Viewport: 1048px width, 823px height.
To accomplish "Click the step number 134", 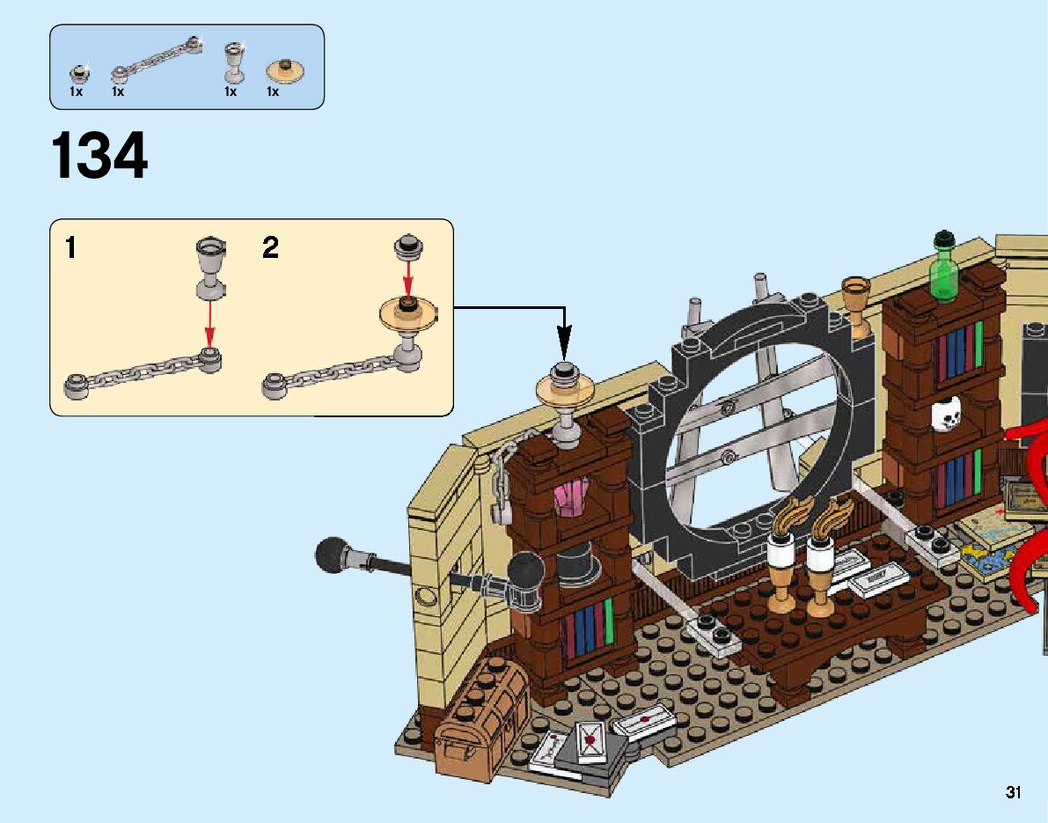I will tap(99, 157).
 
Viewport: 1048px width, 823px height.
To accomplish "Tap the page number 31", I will tap(1014, 792).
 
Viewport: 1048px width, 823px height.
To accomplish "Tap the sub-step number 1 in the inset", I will tap(70, 248).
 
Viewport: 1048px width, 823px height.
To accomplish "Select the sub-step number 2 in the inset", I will tap(270, 248).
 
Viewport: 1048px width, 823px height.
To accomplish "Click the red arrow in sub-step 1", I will tap(209, 325).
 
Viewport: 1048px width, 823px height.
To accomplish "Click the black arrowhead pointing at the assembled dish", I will tap(564, 338).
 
